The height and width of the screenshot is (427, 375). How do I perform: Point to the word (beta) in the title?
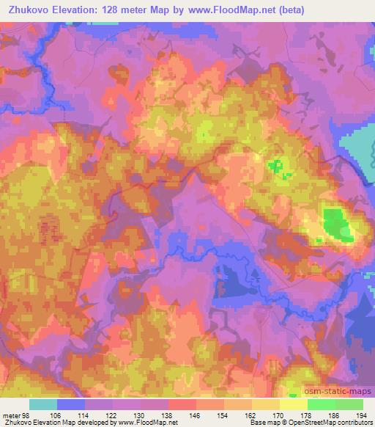click(286, 10)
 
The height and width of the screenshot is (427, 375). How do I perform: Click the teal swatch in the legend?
click(42, 404)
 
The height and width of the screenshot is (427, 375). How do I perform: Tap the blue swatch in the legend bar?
click(70, 404)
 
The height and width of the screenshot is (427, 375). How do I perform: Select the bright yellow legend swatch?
click(293, 404)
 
